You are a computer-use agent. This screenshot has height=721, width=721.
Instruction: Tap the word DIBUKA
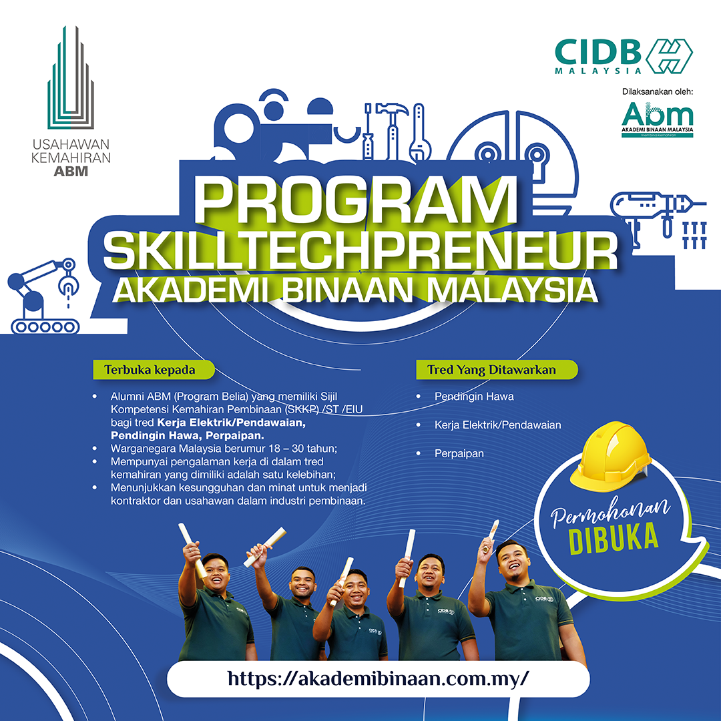[613, 539]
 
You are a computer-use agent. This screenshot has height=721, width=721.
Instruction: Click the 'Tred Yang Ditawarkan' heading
[495, 369]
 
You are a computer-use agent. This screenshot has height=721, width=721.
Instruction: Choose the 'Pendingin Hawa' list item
[474, 397]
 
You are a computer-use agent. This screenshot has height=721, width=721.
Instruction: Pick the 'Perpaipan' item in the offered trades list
[459, 453]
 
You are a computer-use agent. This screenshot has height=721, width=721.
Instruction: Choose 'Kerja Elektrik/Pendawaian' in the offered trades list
[497, 425]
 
